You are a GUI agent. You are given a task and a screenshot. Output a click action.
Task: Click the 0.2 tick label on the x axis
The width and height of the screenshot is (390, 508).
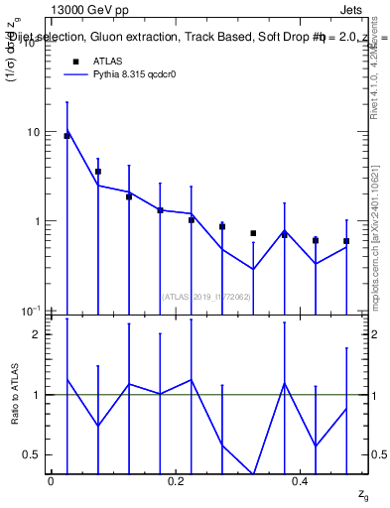[x=176, y=481]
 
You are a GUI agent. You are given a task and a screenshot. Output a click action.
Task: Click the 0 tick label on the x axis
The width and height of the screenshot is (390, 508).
[x=51, y=481]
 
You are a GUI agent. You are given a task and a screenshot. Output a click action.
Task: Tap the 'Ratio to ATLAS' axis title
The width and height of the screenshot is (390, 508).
[x=15, y=394]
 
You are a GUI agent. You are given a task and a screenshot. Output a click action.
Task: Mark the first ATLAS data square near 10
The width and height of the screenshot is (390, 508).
[x=66, y=136]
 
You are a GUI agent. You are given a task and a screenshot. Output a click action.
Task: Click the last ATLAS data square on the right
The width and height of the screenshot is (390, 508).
[x=346, y=241]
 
